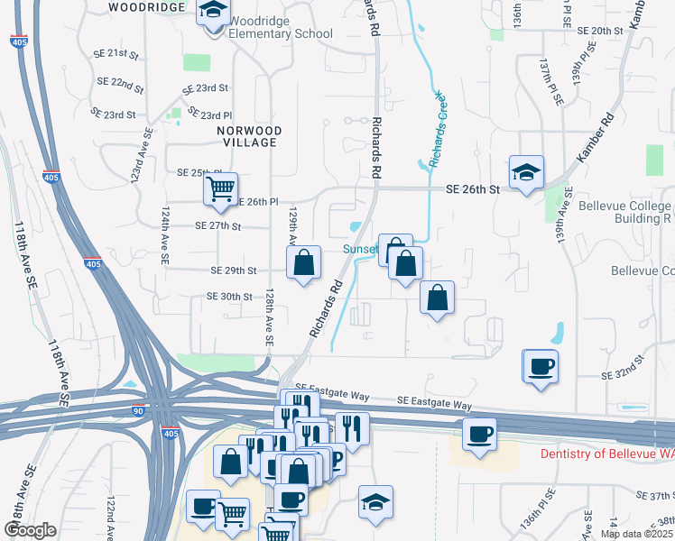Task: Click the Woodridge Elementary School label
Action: click(x=280, y=27)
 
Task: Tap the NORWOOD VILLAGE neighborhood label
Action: click(x=250, y=136)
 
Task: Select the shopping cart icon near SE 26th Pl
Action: click(x=220, y=189)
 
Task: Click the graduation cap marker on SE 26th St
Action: click(x=526, y=171)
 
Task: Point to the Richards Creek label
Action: click(x=437, y=129)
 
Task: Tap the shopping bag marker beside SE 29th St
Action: click(x=305, y=263)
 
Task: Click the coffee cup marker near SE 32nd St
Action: click(x=541, y=366)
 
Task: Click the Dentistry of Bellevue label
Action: click(x=606, y=454)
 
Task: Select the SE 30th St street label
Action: click(x=229, y=296)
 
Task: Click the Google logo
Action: click(x=30, y=530)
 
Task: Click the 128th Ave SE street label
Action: click(x=268, y=317)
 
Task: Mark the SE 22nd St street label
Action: click(x=122, y=86)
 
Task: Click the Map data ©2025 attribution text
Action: click(x=635, y=534)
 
